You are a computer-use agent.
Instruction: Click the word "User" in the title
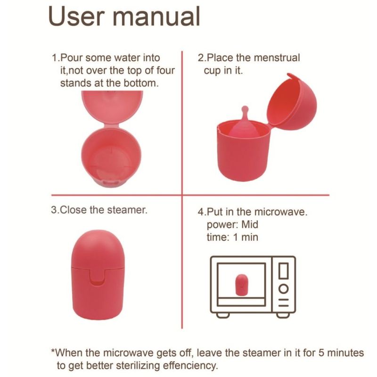(x=76, y=16)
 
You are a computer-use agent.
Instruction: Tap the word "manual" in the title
(x=156, y=16)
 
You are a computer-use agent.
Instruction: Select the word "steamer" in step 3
(x=127, y=210)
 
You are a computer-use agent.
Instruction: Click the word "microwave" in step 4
(x=281, y=212)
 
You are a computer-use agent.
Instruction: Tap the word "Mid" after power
(x=250, y=225)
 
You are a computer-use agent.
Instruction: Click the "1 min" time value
(x=246, y=238)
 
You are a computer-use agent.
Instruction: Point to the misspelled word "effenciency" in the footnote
(x=190, y=366)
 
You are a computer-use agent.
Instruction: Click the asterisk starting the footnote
(x=53, y=351)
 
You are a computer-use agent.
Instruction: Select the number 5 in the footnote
(x=322, y=353)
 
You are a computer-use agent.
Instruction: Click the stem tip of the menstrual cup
(x=245, y=109)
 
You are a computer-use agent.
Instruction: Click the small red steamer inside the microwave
(x=242, y=285)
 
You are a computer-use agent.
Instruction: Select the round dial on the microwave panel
(x=284, y=289)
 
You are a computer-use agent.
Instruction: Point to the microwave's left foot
(x=222, y=315)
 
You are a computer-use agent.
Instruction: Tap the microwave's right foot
(x=283, y=315)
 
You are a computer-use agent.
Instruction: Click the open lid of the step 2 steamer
(x=292, y=100)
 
